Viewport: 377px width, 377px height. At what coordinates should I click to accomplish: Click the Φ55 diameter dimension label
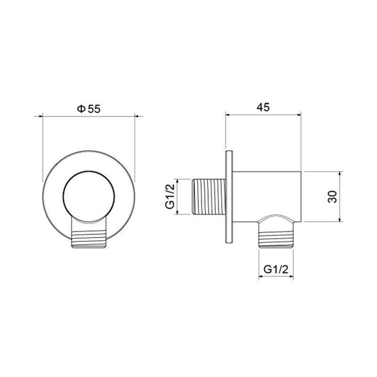click(89, 109)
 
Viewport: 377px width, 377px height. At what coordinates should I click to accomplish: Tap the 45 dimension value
click(263, 107)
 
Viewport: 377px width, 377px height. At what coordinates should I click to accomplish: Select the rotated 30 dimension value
click(333, 197)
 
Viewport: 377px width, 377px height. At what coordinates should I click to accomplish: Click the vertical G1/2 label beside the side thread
click(170, 197)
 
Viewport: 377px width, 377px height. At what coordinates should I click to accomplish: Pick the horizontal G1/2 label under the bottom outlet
click(276, 270)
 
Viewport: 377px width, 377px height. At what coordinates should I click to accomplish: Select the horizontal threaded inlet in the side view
click(208, 197)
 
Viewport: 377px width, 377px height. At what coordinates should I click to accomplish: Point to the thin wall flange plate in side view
click(229, 197)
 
